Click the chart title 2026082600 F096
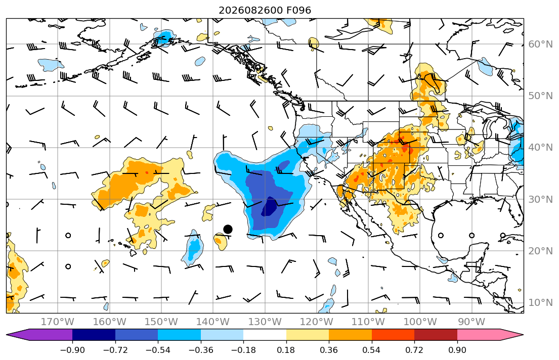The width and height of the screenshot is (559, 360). pyautogui.click(x=265, y=10)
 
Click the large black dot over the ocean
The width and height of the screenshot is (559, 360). pyautogui.click(x=228, y=229)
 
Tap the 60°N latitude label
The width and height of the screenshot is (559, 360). pyautogui.click(x=540, y=44)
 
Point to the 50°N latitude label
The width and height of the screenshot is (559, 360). pyautogui.click(x=540, y=96)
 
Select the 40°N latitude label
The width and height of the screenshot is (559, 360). pyautogui.click(x=540, y=148)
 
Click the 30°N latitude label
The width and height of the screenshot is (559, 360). pyautogui.click(x=540, y=199)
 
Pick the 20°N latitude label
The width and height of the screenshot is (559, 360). pyautogui.click(x=540, y=251)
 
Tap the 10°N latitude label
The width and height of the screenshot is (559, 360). pyautogui.click(x=540, y=303)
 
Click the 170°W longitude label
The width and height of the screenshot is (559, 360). pyautogui.click(x=58, y=322)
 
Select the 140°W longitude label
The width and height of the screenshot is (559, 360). pyautogui.click(x=213, y=322)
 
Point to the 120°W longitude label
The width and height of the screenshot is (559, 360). pyautogui.click(x=317, y=322)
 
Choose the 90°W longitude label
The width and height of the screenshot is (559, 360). pyautogui.click(x=471, y=322)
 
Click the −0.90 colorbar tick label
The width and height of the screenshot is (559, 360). pyautogui.click(x=72, y=350)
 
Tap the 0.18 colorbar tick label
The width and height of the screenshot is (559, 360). pyautogui.click(x=286, y=350)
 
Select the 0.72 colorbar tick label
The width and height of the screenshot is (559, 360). pyautogui.click(x=414, y=350)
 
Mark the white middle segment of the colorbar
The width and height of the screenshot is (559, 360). pyautogui.click(x=265, y=335)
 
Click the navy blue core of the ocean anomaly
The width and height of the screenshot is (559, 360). pyautogui.click(x=270, y=206)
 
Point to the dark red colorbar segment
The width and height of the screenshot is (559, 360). pyautogui.click(x=436, y=335)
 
